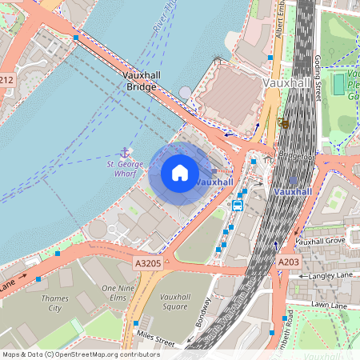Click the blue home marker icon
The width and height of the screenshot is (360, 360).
[x=180, y=173]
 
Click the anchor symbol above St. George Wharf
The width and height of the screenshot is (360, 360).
[x=125, y=151]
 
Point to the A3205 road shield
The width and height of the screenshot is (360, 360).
[x=147, y=262]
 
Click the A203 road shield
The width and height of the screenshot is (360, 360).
[x=288, y=262]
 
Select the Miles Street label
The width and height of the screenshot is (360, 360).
[x=155, y=338]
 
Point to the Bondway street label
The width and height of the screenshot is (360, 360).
[x=205, y=314]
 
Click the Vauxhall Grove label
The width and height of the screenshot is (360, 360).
[x=320, y=241]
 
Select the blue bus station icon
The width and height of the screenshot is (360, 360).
[x=238, y=205]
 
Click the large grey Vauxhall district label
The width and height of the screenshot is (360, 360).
[x=286, y=82]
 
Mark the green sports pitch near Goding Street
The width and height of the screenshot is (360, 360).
[x=338, y=82]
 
